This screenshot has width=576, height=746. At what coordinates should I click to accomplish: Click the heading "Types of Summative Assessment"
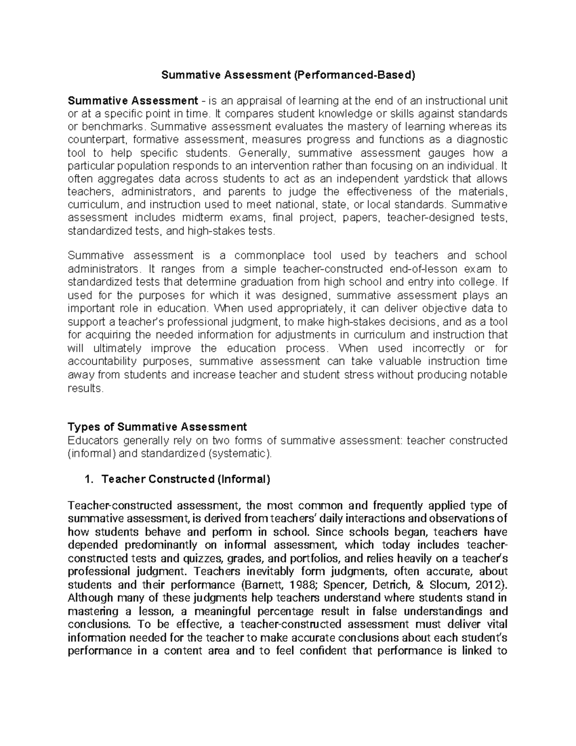pyautogui.click(x=157, y=427)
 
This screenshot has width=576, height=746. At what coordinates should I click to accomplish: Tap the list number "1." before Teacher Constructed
pyautogui.click(x=88, y=479)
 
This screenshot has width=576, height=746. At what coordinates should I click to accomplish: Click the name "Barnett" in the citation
pyautogui.click(x=261, y=585)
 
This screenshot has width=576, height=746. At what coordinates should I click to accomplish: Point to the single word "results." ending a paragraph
pyautogui.click(x=86, y=388)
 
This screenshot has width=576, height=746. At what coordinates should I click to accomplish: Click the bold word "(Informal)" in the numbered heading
pyautogui.click(x=244, y=479)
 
